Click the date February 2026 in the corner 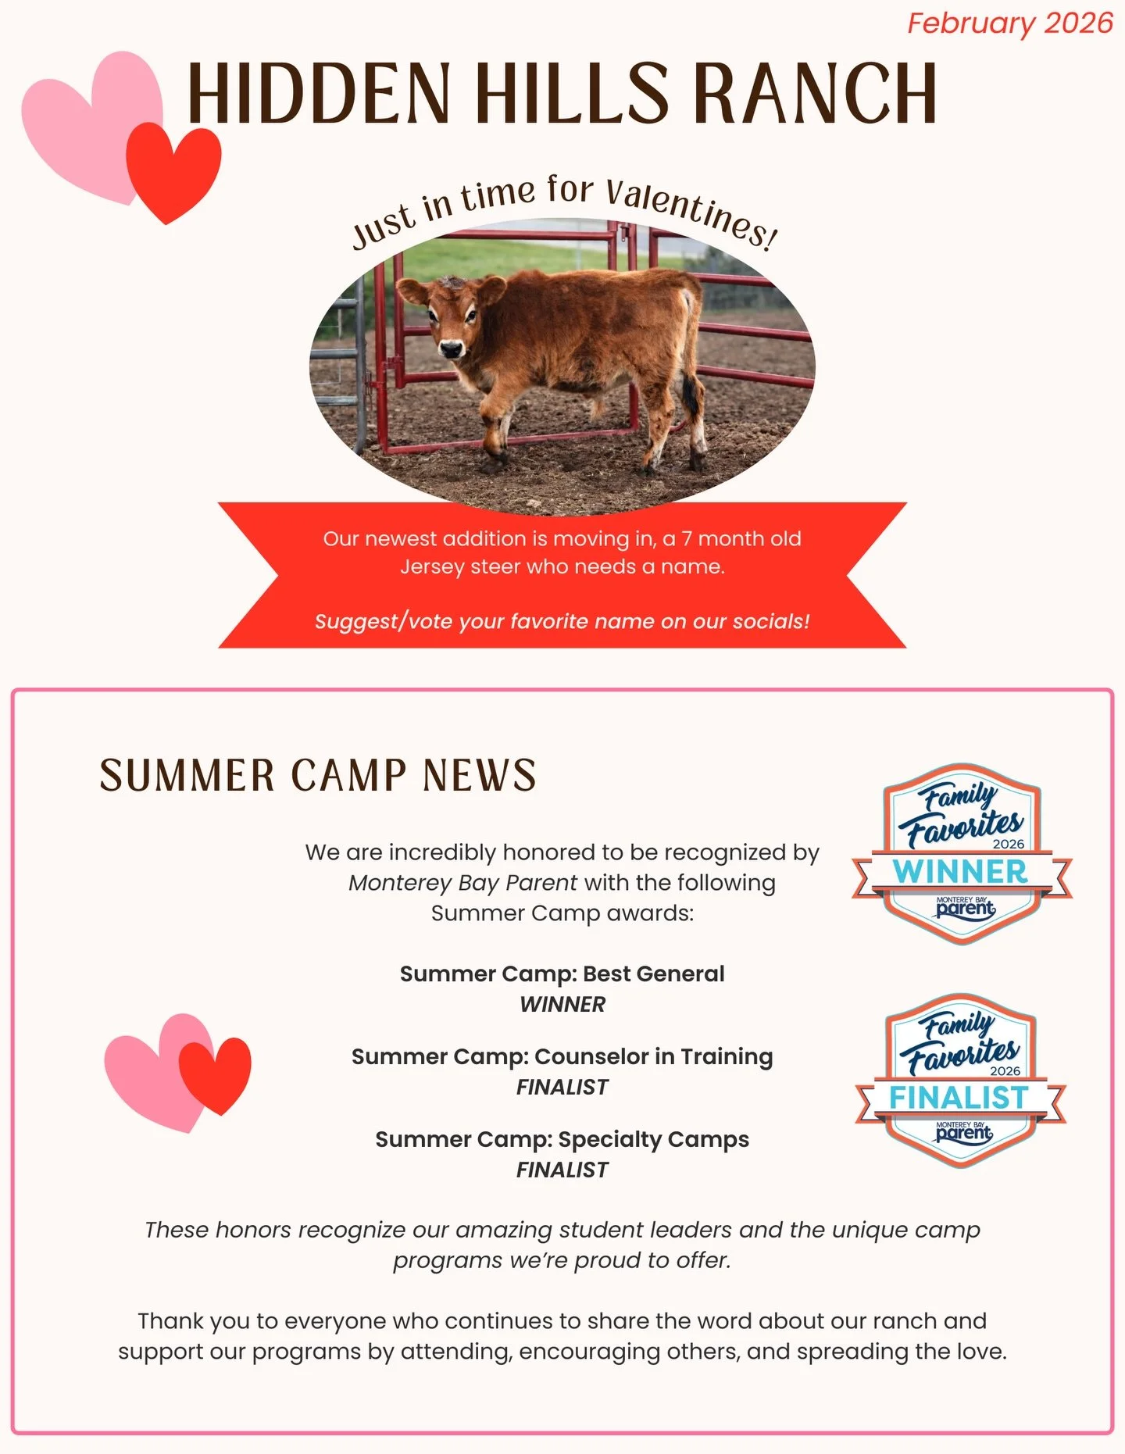tap(1009, 23)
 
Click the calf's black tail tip tap(691, 395)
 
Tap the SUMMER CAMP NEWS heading tap(318, 776)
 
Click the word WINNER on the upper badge tap(960, 872)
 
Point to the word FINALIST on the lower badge tap(959, 1098)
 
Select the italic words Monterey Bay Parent tap(462, 883)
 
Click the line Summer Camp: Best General tap(562, 974)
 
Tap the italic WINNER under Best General tap(562, 1005)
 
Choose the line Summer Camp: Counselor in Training tap(562, 1056)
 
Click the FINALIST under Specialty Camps tap(562, 1170)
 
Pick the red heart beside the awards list tap(216, 1073)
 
